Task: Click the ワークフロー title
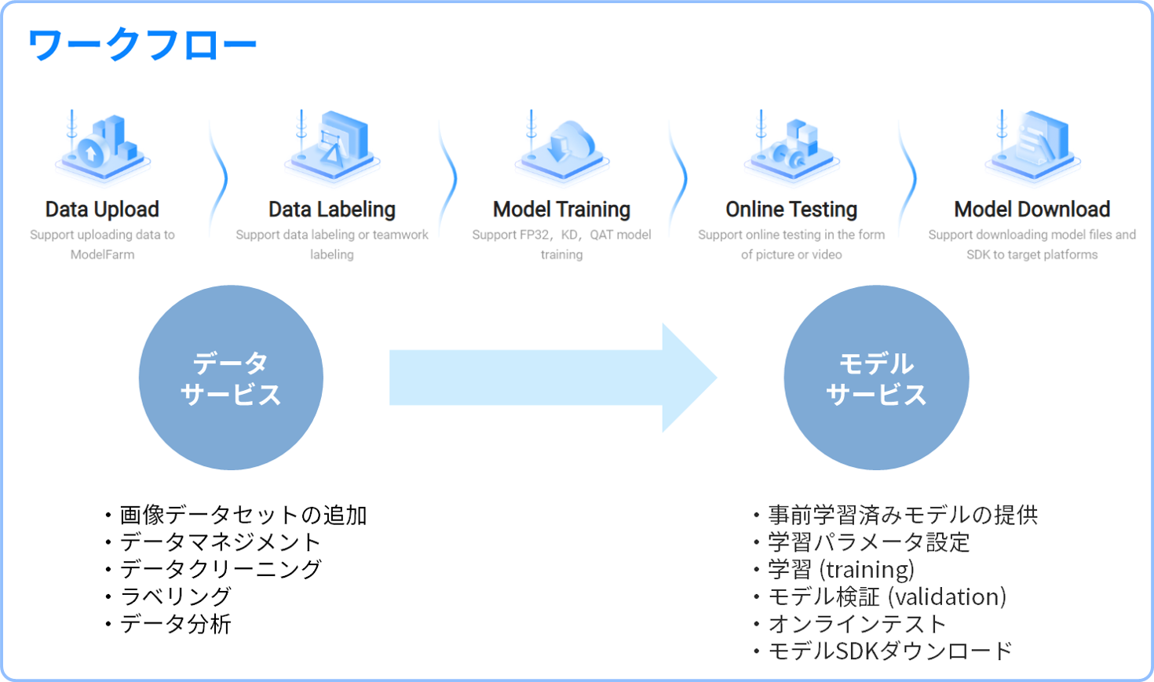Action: tap(142, 44)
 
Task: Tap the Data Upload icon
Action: tap(103, 148)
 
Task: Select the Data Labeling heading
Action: tap(332, 210)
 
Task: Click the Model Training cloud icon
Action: tap(562, 148)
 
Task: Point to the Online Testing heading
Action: tap(791, 210)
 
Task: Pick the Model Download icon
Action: tap(1032, 148)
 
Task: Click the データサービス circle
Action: tap(231, 377)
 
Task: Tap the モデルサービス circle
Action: tap(876, 377)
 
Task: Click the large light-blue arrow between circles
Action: tap(553, 377)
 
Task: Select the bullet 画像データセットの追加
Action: tap(243, 515)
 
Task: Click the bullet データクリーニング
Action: tap(221, 570)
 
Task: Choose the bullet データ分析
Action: tap(175, 624)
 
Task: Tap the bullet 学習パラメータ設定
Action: tap(868, 542)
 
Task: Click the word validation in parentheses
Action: tap(948, 597)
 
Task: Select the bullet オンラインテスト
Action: tap(857, 624)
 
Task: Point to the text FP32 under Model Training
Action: tap(535, 235)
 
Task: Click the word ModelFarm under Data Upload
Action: tap(103, 254)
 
